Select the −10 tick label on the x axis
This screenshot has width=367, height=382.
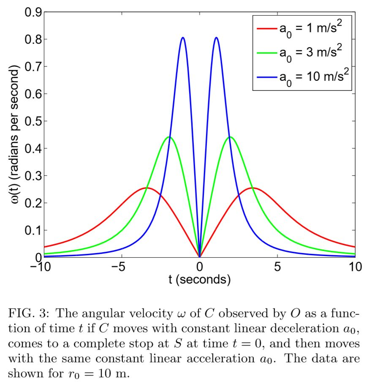(x=44, y=267)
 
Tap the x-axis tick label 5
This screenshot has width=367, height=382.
(x=277, y=267)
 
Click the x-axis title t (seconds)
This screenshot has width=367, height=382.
(x=200, y=280)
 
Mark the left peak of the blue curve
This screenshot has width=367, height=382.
(x=182, y=38)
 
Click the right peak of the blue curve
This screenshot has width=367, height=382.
(x=216, y=38)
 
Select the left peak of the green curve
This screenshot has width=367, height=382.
(x=169, y=137)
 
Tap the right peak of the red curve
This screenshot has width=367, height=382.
(x=253, y=188)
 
